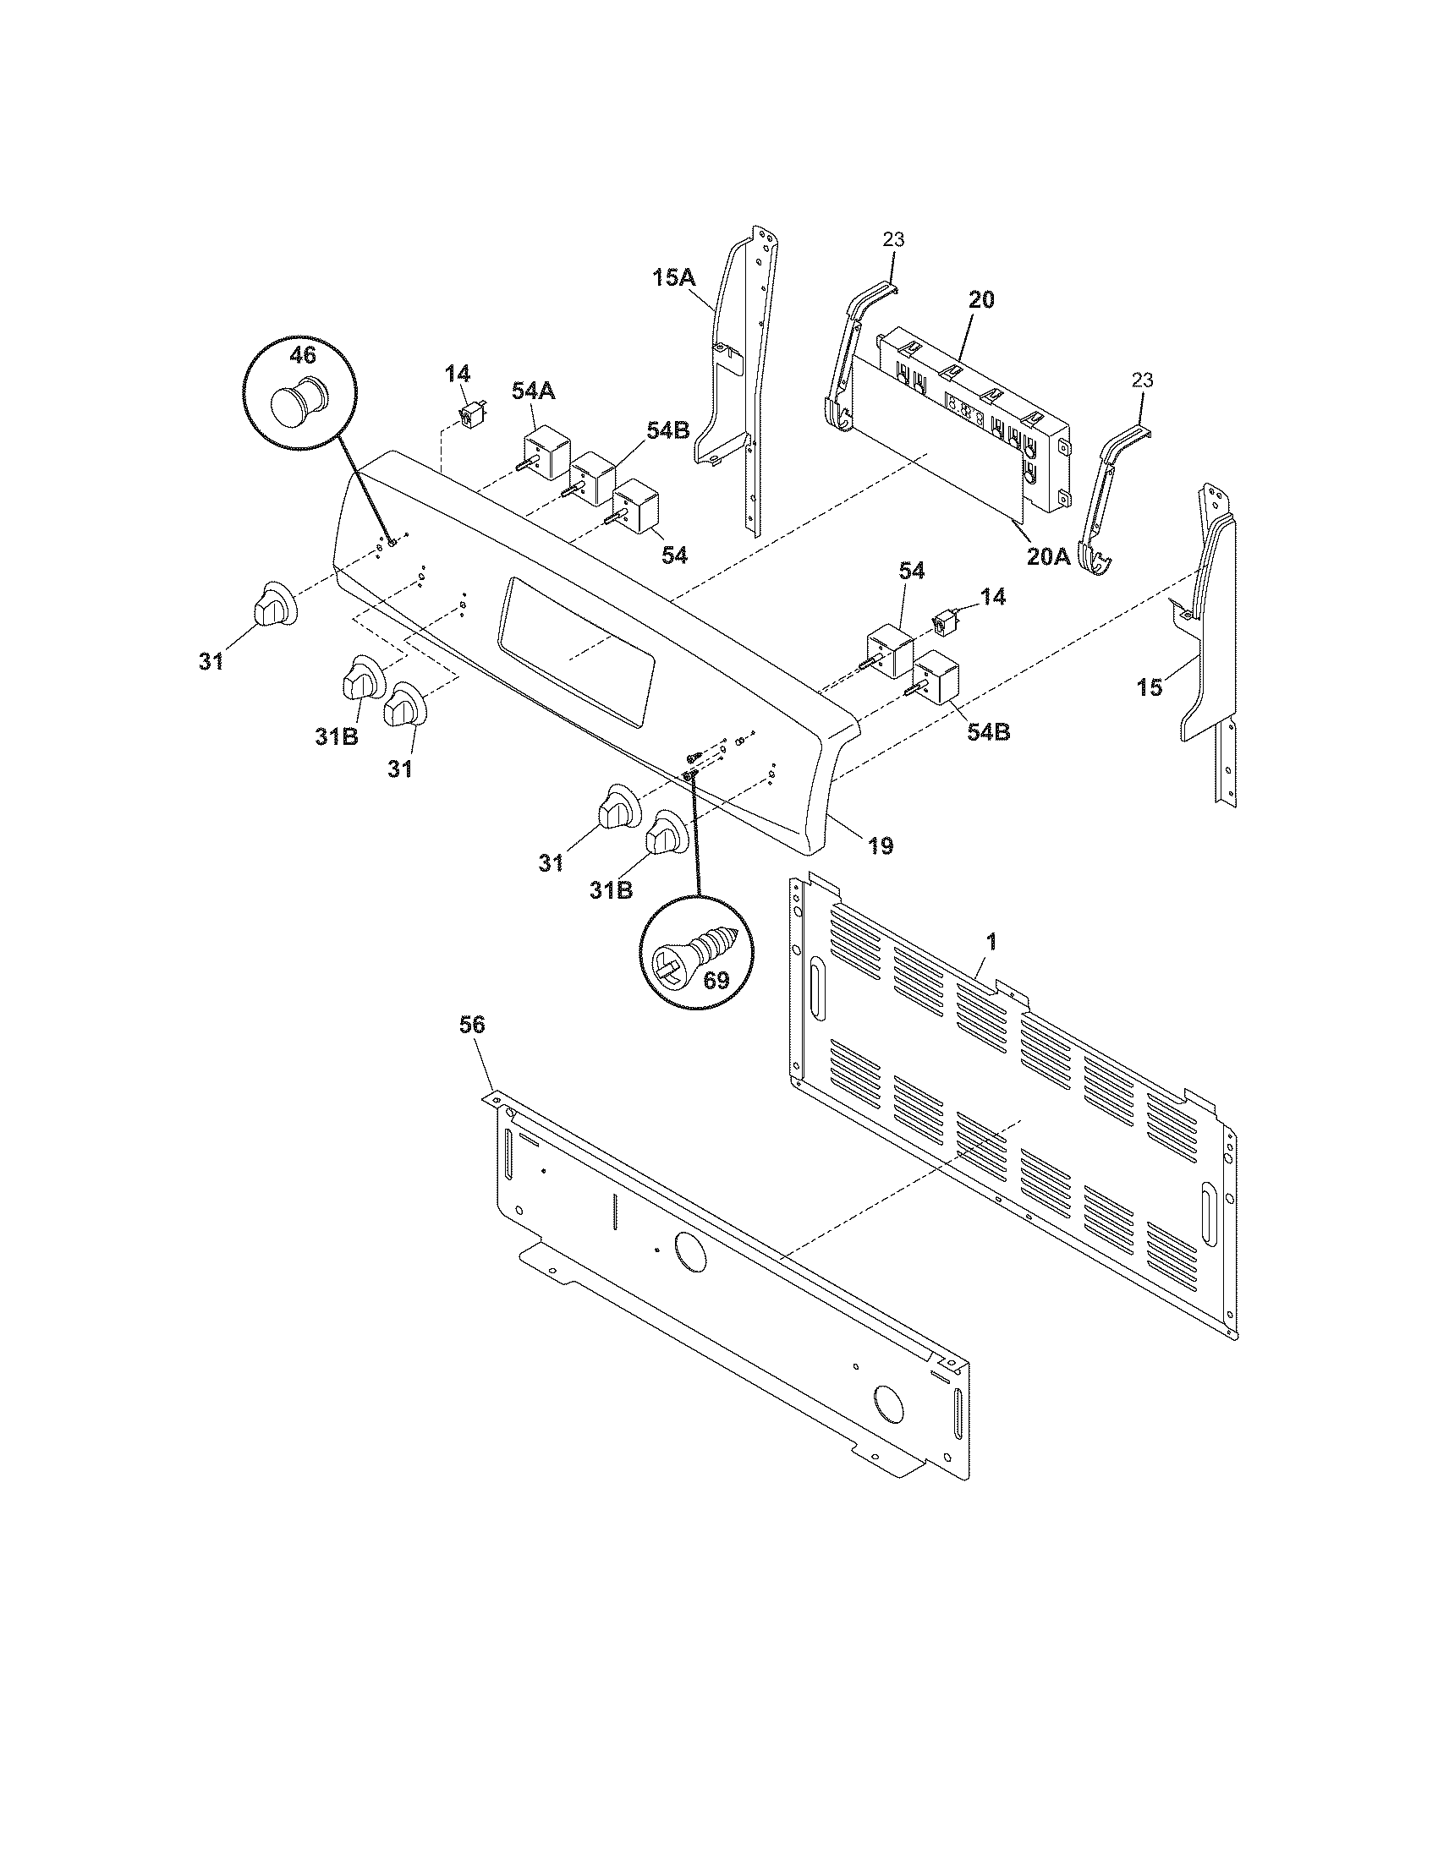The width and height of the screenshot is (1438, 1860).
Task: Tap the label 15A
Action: [674, 277]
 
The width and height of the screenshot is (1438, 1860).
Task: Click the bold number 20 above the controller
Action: [980, 300]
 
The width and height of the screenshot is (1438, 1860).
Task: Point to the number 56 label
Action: [472, 1026]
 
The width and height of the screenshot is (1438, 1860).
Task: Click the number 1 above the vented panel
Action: [991, 942]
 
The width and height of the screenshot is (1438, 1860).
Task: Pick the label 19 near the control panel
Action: [881, 845]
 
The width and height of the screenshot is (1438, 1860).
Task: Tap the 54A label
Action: [534, 391]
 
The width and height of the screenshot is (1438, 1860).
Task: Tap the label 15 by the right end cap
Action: [1151, 687]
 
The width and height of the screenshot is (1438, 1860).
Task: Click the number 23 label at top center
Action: [892, 240]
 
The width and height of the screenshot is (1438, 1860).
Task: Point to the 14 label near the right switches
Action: [991, 597]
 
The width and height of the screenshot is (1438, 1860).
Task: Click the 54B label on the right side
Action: [988, 731]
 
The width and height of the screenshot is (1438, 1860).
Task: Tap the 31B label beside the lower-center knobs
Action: [612, 891]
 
